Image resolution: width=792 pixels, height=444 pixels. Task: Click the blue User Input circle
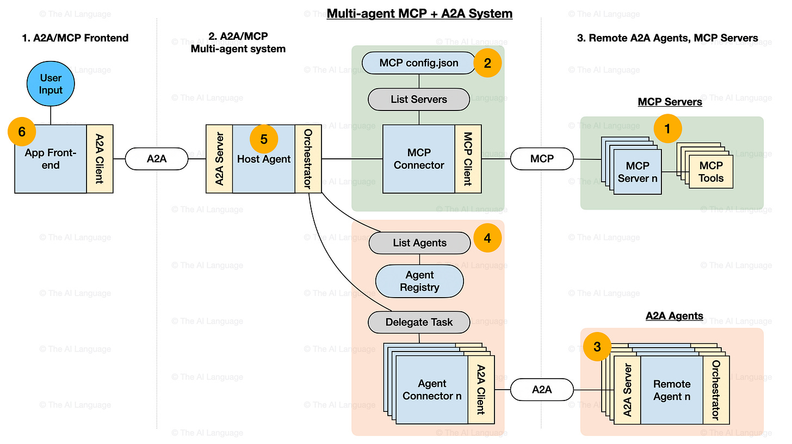click(51, 84)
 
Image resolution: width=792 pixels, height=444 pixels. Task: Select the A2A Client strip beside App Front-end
click(100, 159)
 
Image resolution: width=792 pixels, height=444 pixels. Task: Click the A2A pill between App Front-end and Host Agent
click(157, 159)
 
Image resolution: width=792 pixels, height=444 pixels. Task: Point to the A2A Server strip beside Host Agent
click(219, 159)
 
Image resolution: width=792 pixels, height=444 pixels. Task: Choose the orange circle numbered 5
click(264, 139)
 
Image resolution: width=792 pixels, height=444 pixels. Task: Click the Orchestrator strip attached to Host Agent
click(308, 159)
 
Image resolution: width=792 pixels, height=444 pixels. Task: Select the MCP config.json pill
click(419, 63)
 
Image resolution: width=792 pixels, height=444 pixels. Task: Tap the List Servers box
click(419, 100)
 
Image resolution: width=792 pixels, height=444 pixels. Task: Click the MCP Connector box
click(419, 159)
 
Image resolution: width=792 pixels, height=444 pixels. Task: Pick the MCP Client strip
click(468, 159)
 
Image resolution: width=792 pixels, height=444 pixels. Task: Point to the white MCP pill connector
click(542, 159)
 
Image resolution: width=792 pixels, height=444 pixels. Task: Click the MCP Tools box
click(711, 172)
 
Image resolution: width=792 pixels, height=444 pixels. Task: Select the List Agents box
click(419, 243)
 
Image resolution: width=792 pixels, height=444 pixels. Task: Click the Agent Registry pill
click(419, 281)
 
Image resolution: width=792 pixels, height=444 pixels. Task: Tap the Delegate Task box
click(419, 322)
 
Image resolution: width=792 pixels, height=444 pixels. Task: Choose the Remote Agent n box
click(672, 390)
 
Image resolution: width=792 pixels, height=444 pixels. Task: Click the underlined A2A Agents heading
click(674, 316)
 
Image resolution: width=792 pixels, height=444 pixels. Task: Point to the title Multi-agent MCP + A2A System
click(419, 14)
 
